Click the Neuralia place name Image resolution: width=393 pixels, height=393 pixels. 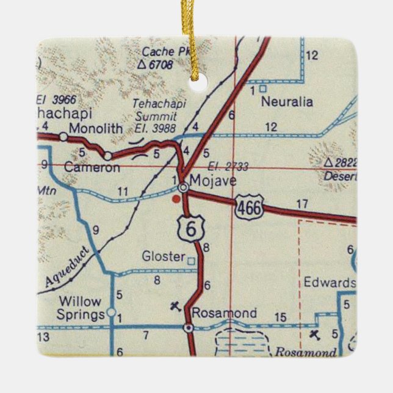tap(287, 103)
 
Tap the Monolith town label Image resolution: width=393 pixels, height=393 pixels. tap(96, 129)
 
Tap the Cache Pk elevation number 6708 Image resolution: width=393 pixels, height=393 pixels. tap(161, 63)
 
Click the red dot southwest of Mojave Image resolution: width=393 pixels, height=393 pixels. tap(176, 198)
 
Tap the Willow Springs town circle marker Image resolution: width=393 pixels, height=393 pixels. tap(110, 312)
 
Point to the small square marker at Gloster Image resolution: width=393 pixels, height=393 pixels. tap(192, 261)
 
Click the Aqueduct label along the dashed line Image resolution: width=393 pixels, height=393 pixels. tap(66, 269)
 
